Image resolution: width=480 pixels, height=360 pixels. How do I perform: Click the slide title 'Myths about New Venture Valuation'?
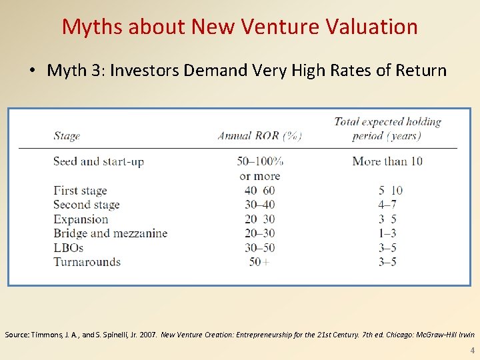tap(240, 27)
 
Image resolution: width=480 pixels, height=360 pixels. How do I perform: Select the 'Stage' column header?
tap(67, 136)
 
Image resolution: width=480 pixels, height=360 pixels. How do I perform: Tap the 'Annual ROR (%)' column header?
tap(259, 136)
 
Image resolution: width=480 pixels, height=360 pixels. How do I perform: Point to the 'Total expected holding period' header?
tap(387, 129)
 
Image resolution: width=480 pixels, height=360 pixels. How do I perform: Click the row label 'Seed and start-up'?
tap(99, 161)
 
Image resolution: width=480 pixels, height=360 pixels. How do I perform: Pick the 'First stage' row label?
tap(80, 191)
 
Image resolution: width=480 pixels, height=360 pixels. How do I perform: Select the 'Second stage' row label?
tap(87, 205)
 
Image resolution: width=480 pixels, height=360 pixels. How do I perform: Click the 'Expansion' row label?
tap(81, 219)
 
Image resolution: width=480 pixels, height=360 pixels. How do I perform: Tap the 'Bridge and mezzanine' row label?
tap(110, 233)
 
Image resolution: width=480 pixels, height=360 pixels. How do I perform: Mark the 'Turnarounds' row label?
tap(87, 262)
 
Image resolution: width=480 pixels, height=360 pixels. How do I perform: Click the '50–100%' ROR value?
tap(259, 161)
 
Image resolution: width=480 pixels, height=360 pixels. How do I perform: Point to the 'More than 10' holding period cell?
tap(387, 161)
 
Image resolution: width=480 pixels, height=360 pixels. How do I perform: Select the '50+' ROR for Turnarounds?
tap(259, 262)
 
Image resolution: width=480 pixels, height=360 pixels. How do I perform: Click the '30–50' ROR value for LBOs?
tap(259, 247)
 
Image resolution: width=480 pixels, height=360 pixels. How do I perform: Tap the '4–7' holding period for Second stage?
tap(387, 205)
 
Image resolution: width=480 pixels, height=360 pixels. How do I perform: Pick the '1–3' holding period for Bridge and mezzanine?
tap(387, 233)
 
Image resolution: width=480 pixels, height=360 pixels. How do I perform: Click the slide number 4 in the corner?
tap(472, 350)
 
